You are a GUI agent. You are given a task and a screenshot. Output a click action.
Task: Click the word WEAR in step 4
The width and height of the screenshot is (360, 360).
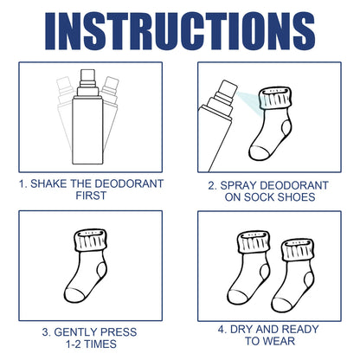(288, 344)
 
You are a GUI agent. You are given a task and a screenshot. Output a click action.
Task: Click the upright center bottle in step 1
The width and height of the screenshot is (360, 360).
(88, 130)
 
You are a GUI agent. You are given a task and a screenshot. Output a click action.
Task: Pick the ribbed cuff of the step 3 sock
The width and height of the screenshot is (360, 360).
(90, 242)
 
